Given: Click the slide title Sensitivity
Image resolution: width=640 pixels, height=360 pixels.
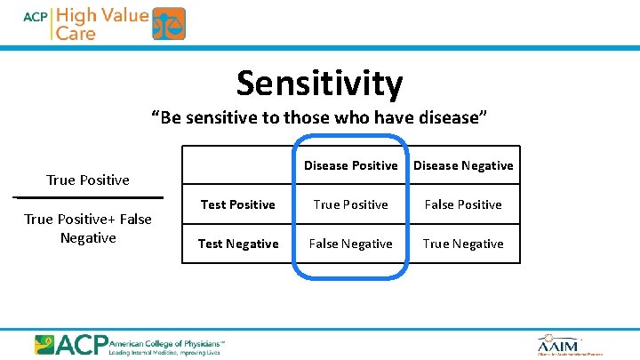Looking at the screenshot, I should pos(319,84).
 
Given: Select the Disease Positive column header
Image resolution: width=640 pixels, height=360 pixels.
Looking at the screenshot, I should pos(350,165).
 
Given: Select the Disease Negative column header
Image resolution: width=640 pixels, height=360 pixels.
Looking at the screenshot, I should pos(463,165).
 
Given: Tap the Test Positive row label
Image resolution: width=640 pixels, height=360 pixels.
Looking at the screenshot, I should pos(237,204).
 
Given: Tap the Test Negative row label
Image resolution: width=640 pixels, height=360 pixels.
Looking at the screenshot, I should pos(237,244).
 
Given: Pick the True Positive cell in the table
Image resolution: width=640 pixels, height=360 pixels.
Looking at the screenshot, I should pos(350,204).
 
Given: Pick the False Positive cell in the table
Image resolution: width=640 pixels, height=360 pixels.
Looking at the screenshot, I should pos(463,204).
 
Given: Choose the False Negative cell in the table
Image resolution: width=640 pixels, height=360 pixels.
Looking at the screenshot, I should pos(350,244).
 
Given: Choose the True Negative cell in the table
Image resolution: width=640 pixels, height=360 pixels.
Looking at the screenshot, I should pos(463,244).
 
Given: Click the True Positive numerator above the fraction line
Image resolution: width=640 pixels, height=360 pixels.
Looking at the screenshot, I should pos(88,180).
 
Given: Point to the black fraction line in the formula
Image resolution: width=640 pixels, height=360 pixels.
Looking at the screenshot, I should pos(88,196).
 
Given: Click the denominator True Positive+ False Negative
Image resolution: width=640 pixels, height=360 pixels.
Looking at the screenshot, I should pos(88,228).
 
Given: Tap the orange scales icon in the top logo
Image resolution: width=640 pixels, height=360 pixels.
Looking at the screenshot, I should pos(169,24).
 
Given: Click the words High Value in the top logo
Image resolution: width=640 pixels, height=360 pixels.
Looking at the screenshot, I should pos(102,15).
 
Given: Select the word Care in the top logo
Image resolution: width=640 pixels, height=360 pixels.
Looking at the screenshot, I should pos(76,33).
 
